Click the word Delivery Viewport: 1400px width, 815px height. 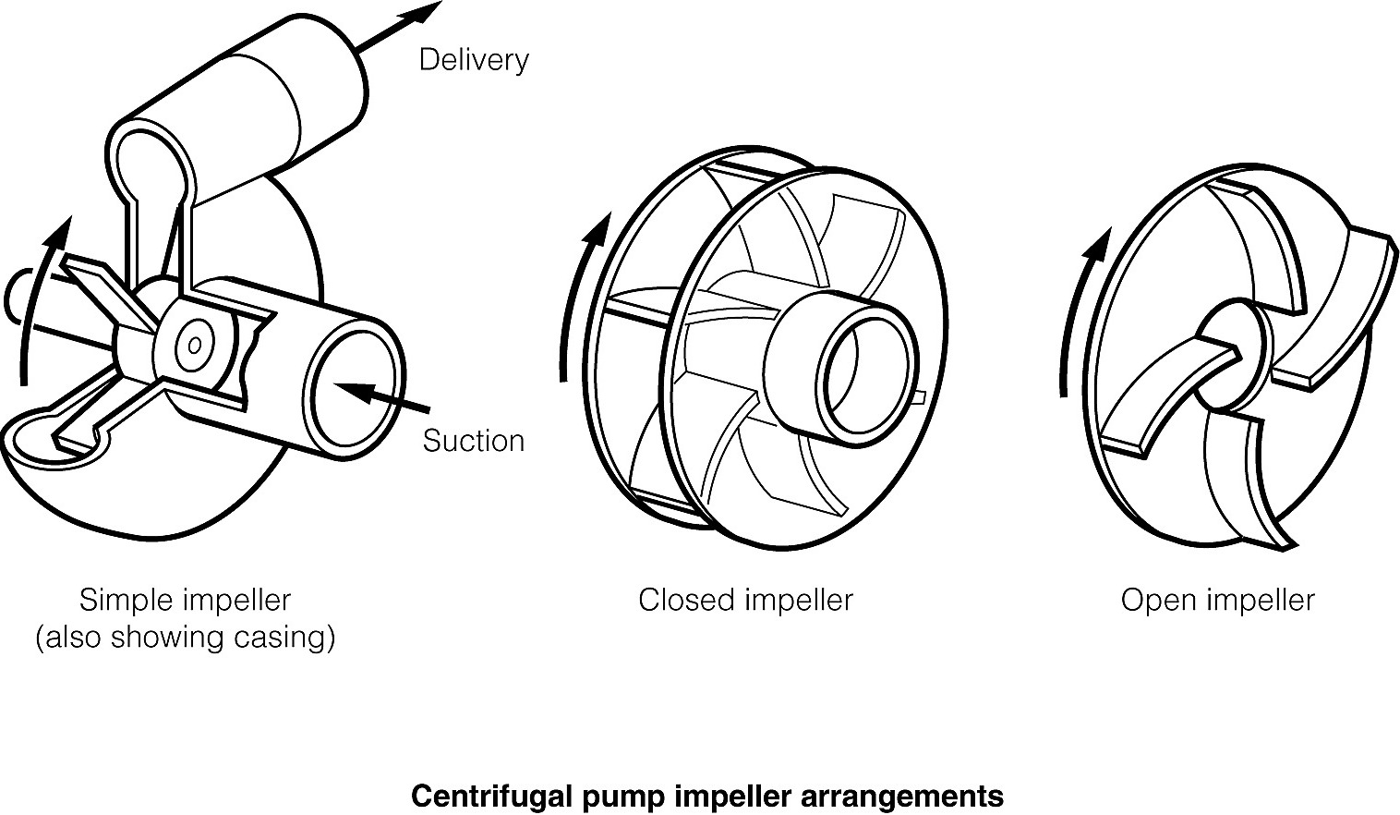point(474,60)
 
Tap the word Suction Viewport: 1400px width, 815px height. point(473,441)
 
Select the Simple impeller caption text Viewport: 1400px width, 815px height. point(185,600)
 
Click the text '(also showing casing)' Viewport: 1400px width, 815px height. point(185,638)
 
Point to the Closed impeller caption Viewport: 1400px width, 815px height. point(745,600)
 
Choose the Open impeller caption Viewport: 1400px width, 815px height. point(1217,600)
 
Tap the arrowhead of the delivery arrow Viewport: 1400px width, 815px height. point(426,12)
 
